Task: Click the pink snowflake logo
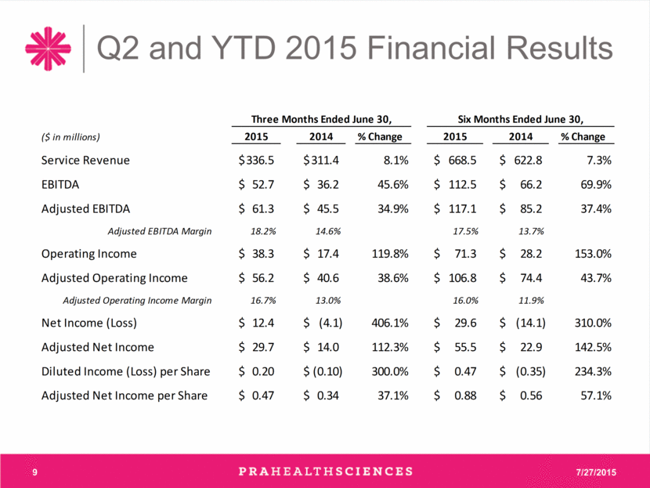[x=48, y=49]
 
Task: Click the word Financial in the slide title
[x=432, y=48]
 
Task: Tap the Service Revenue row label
[x=85, y=161]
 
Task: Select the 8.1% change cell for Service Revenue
[x=396, y=161]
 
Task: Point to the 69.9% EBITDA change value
[x=596, y=185]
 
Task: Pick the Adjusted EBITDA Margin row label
[x=160, y=231]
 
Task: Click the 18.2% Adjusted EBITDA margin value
[x=263, y=231]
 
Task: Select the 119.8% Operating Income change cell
[x=390, y=254]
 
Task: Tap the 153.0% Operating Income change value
[x=593, y=254]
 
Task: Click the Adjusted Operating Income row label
[x=114, y=278]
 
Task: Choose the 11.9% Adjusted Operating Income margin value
[x=531, y=301]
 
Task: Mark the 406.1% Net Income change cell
[x=390, y=323]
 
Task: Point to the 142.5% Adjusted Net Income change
[x=593, y=347]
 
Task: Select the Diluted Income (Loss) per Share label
[x=125, y=371]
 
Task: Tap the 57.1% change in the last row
[x=596, y=396]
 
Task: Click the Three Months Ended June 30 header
[x=321, y=119]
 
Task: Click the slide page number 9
[x=34, y=472]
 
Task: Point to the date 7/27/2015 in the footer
[x=596, y=472]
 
